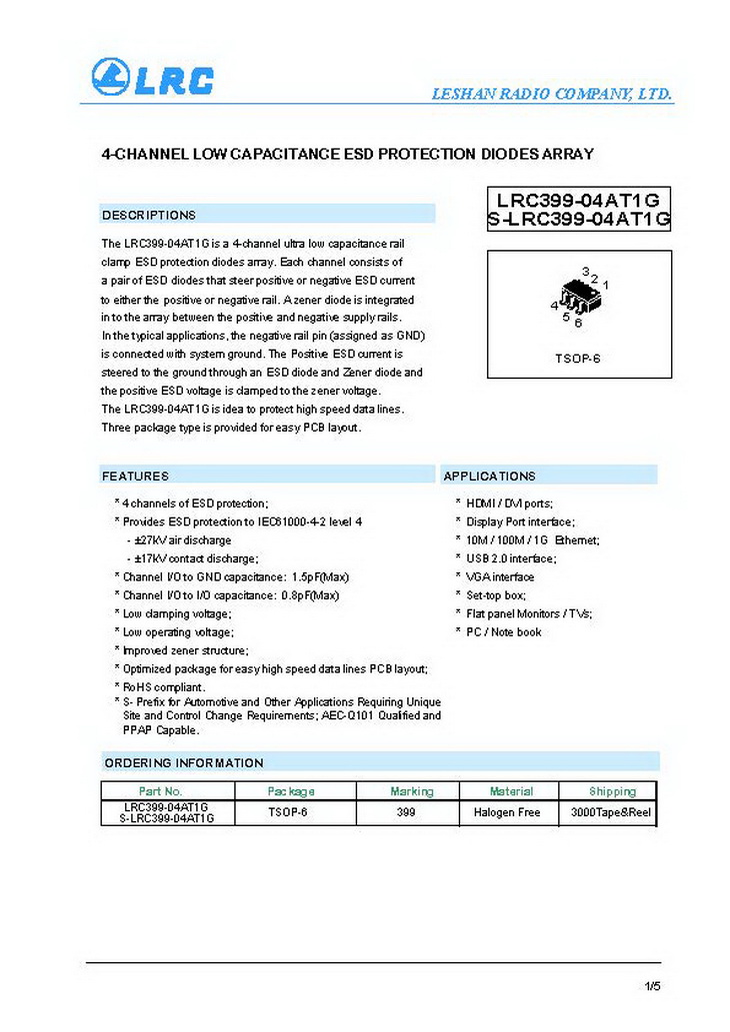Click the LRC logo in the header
152,78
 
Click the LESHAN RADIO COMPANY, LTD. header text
551,95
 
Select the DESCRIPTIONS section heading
149,215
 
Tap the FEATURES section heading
135,477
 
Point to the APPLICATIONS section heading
489,477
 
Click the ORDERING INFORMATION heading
184,763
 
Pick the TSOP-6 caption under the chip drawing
577,358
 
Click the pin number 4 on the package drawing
554,306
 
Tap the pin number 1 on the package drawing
606,286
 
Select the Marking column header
412,791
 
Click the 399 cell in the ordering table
406,812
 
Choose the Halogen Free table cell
507,812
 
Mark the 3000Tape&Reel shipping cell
610,812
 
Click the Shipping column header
612,791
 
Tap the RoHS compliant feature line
164,687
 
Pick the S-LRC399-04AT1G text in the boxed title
579,220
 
